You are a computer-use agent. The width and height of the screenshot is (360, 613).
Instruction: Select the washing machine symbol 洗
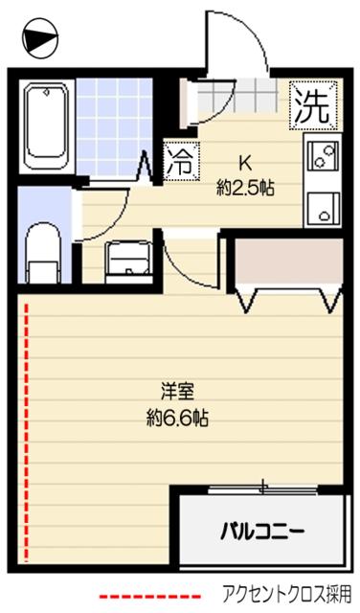pyautogui.click(x=314, y=104)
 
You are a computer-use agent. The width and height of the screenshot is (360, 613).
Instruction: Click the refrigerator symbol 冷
pyautogui.click(x=179, y=159)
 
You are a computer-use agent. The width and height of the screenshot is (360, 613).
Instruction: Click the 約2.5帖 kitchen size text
pyautogui.click(x=245, y=188)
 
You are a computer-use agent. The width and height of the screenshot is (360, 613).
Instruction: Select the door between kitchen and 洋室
pyautogui.click(x=191, y=259)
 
